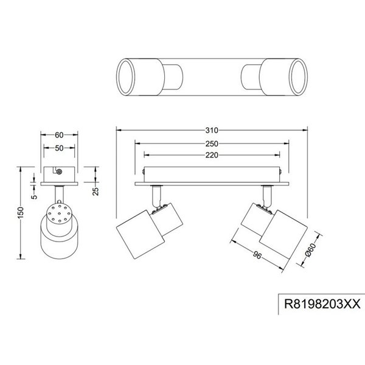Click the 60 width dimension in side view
tap(58, 135)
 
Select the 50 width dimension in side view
tap(58, 148)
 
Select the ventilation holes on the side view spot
tap(58, 216)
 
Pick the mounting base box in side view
tap(58, 173)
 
